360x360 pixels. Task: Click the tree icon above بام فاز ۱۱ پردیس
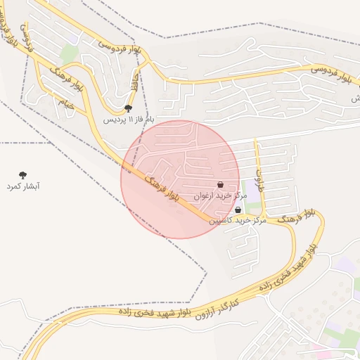[x=128, y=108]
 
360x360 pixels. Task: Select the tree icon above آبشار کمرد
[x=23, y=174]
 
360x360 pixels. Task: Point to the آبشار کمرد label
[x=23, y=186]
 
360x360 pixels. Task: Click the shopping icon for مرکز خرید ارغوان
[x=221, y=184]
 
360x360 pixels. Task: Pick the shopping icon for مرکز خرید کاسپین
[x=238, y=210]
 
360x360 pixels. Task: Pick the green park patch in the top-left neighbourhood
[x=68, y=53]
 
